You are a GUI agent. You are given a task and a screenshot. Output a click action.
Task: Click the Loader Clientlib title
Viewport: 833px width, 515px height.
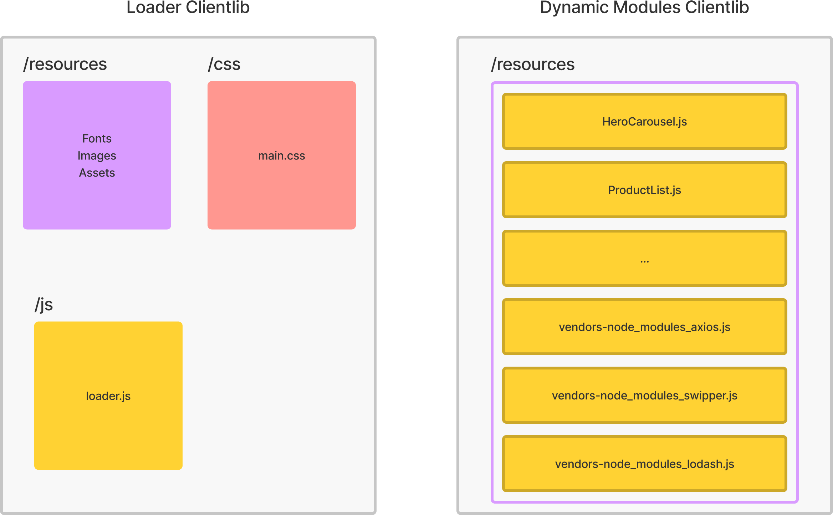pos(188,7)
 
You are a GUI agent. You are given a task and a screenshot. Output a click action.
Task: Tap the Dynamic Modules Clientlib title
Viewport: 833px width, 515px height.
pos(644,7)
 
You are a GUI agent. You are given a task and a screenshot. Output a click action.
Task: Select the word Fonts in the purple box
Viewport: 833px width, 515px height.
pos(97,138)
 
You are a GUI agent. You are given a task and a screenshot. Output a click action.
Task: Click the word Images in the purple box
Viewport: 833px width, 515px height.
pos(97,156)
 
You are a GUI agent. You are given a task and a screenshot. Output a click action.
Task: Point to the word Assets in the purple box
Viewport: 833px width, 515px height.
pos(97,173)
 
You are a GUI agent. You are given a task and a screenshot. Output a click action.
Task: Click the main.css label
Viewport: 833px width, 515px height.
pos(282,156)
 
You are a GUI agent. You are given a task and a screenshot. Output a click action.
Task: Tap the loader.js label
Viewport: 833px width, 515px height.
pos(108,396)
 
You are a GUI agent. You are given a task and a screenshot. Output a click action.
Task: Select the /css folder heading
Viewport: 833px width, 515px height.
pos(224,64)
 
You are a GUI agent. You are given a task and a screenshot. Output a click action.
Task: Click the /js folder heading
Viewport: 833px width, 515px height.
pos(44,305)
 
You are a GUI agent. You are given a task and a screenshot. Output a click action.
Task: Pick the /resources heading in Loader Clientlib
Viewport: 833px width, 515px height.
pos(65,64)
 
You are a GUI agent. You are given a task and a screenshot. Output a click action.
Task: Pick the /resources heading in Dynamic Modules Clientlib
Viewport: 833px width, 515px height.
pos(533,64)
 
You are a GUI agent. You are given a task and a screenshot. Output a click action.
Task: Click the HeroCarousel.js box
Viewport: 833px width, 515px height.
pos(644,121)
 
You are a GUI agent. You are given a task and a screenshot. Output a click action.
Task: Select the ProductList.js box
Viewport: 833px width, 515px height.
pos(644,190)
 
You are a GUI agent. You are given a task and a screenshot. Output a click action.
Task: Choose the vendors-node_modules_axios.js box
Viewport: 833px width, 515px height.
pos(644,327)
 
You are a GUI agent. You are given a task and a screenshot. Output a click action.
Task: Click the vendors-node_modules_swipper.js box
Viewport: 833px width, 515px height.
pos(644,395)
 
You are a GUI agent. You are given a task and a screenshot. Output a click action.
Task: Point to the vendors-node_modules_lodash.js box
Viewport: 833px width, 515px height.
pos(644,464)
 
